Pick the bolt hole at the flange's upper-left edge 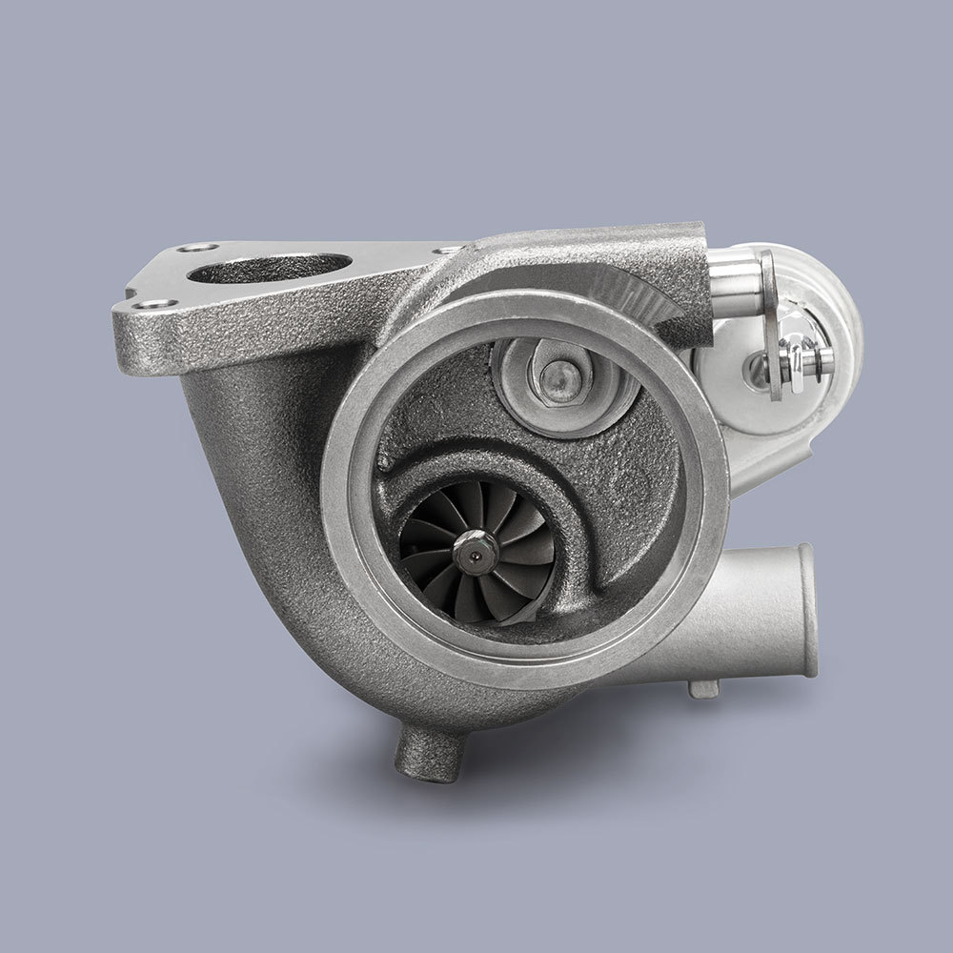pos(197,248)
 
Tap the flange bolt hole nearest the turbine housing pos(444,250)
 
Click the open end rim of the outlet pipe pos(807,610)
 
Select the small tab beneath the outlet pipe pos(704,687)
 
